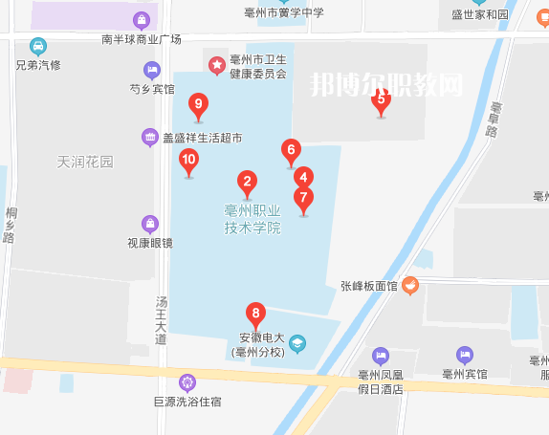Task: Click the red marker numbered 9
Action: point(198,105)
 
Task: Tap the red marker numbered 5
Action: point(381,99)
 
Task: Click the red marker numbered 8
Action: point(255,314)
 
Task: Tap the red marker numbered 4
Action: point(303,178)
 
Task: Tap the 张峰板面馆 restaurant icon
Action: point(409,284)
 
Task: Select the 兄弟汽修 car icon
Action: point(38,46)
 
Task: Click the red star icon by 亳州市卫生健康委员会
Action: point(217,65)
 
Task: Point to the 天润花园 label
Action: point(85,162)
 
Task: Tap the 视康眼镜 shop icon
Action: point(149,224)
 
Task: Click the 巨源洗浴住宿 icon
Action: point(187,382)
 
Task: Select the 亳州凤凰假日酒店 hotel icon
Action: point(381,356)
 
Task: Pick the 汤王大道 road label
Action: point(161,320)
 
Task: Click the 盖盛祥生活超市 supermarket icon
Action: point(149,138)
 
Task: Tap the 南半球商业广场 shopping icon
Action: point(142,20)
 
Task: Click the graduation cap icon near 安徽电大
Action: point(297,343)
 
